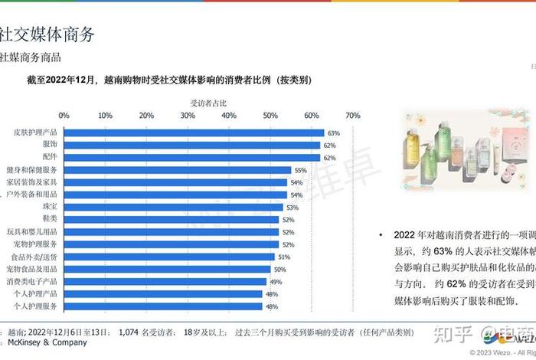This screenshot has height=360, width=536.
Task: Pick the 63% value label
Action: [x=333, y=133]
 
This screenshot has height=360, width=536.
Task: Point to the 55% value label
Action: [x=300, y=170]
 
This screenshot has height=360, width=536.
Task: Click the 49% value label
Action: [x=276, y=282]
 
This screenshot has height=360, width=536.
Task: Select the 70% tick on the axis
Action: [x=353, y=115]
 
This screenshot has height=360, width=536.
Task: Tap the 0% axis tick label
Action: [x=64, y=115]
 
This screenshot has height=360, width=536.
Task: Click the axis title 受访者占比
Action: [x=208, y=102]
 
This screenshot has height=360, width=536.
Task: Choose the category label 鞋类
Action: [x=47, y=220]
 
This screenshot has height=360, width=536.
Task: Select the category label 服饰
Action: [x=47, y=145]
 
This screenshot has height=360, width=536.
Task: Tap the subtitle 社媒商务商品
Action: [x=41, y=57]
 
